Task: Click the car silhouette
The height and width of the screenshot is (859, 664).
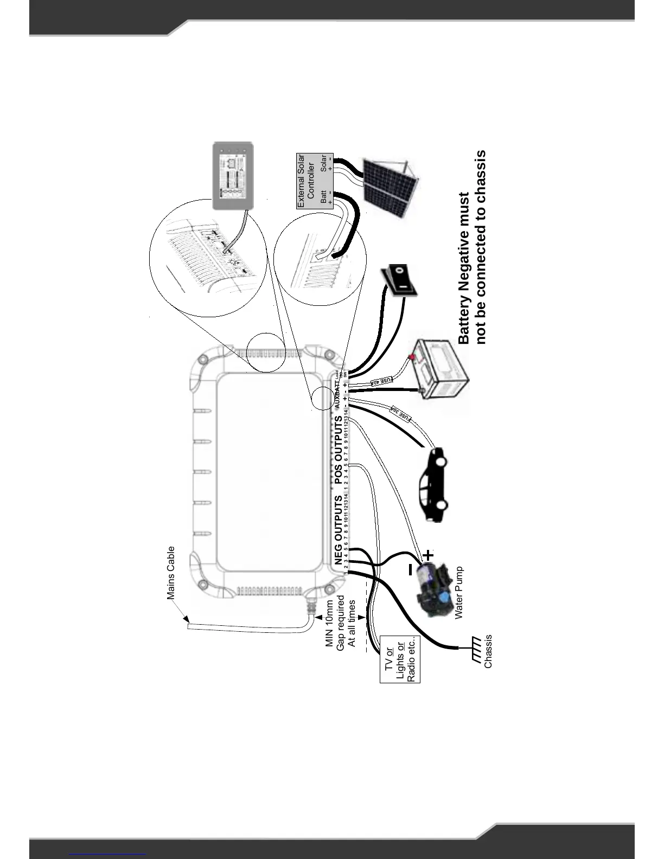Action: coord(434,484)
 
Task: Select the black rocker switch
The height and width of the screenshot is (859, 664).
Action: coord(401,281)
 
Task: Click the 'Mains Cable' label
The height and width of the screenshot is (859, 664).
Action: coord(171,573)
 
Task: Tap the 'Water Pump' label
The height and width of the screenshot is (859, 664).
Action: coord(459,593)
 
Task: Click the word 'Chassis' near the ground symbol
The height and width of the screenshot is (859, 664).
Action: coord(488,651)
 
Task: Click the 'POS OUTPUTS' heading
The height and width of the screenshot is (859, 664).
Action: coord(339,450)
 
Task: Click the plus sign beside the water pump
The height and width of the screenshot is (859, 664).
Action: coord(429,555)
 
